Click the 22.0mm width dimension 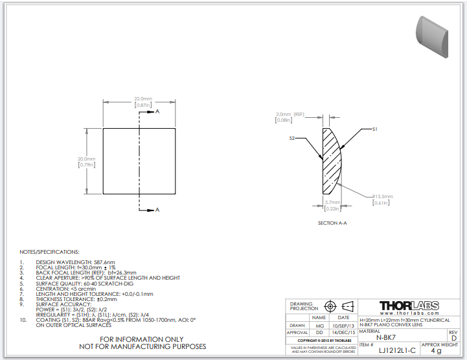click(x=142, y=98)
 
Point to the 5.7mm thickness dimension click(x=332, y=202)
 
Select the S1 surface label click(x=374, y=129)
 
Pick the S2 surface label click(x=292, y=138)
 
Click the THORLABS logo click(x=409, y=306)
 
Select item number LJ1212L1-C click(x=396, y=350)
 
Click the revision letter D click(x=453, y=338)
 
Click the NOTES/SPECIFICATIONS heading click(x=50, y=251)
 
